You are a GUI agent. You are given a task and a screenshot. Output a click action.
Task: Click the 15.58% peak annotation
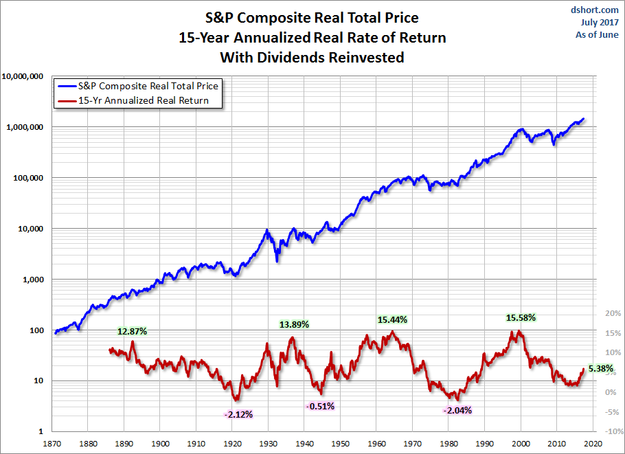[521, 318]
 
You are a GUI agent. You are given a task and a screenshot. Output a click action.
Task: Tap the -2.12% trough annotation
[238, 414]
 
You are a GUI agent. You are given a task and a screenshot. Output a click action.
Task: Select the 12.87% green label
[132, 331]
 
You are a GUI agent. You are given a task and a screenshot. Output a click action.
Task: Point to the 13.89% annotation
[294, 324]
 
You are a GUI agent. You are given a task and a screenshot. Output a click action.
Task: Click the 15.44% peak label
[392, 319]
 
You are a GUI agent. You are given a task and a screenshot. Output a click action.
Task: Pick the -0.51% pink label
[320, 406]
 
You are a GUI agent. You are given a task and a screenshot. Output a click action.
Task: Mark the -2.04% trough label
[458, 410]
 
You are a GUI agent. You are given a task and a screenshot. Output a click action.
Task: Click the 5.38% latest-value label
[600, 368]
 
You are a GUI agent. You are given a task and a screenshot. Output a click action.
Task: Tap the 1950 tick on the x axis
[341, 444]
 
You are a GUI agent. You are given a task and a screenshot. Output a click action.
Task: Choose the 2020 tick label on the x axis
[593, 444]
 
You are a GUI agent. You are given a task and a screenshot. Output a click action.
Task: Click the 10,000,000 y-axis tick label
[23, 76]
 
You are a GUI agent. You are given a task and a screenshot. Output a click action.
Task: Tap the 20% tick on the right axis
[612, 313]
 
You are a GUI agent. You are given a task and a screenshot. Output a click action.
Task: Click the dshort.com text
[598, 10]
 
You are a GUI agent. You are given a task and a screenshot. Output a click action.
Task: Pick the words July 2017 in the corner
[600, 22]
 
